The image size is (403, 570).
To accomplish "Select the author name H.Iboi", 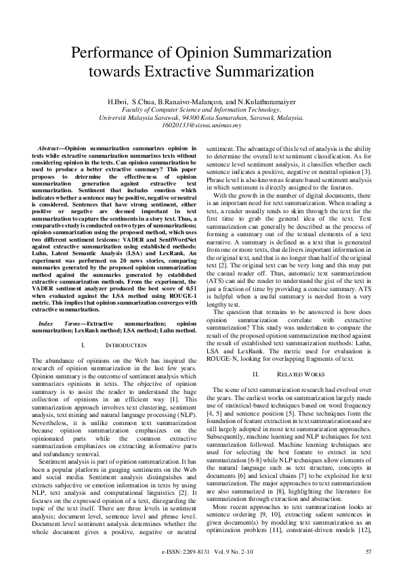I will pyautogui.click(x=132, y=100).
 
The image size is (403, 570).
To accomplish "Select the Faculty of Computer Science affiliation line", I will pyautogui.click(x=201, y=108).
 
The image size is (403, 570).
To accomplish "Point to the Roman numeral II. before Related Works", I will pyautogui.click(x=257, y=374).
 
